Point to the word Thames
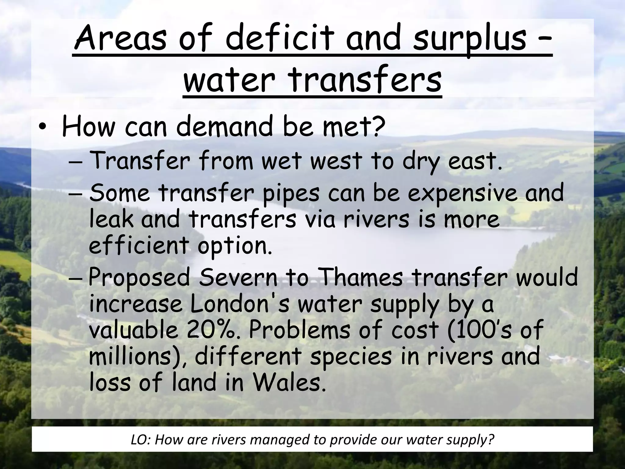click(362, 278)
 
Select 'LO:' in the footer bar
click(141, 440)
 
